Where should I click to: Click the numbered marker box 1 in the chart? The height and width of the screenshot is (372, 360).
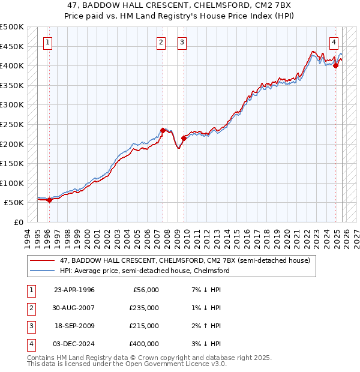point(47,42)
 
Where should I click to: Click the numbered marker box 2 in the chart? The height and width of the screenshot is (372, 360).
point(161,42)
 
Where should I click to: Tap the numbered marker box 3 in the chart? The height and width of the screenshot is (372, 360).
point(182,42)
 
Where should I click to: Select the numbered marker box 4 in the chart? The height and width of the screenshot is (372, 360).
point(334,42)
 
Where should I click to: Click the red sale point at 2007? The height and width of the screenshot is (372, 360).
point(163,130)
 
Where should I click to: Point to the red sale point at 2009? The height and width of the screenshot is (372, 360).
point(184,137)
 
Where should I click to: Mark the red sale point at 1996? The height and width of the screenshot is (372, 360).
point(49,200)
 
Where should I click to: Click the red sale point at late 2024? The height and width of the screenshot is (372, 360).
point(336,66)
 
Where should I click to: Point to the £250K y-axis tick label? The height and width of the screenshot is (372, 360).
point(12,124)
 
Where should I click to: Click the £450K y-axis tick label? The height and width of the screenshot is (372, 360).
point(12,46)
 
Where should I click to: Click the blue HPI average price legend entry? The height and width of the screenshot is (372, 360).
point(144,271)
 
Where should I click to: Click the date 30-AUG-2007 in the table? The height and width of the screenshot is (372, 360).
point(74,308)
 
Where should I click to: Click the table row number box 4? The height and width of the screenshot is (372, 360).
point(30,344)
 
